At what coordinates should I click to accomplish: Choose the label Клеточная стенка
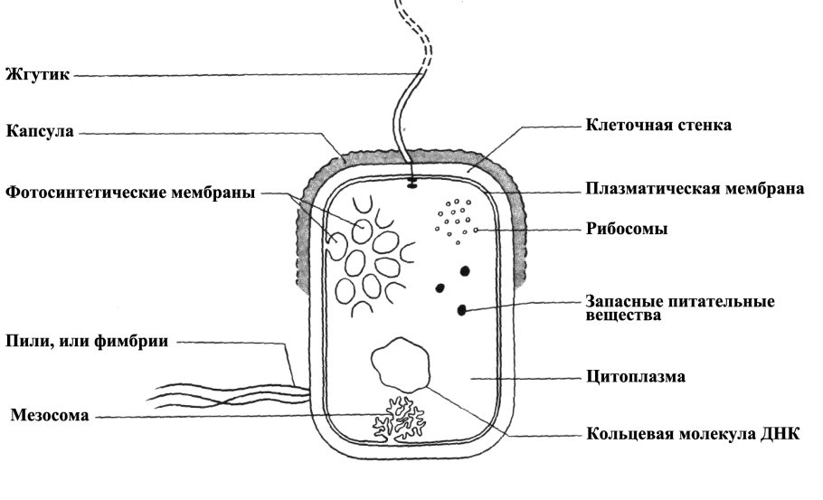(x=658, y=126)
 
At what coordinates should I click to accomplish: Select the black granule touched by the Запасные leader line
(x=461, y=310)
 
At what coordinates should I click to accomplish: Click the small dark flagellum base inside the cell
(x=411, y=187)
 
